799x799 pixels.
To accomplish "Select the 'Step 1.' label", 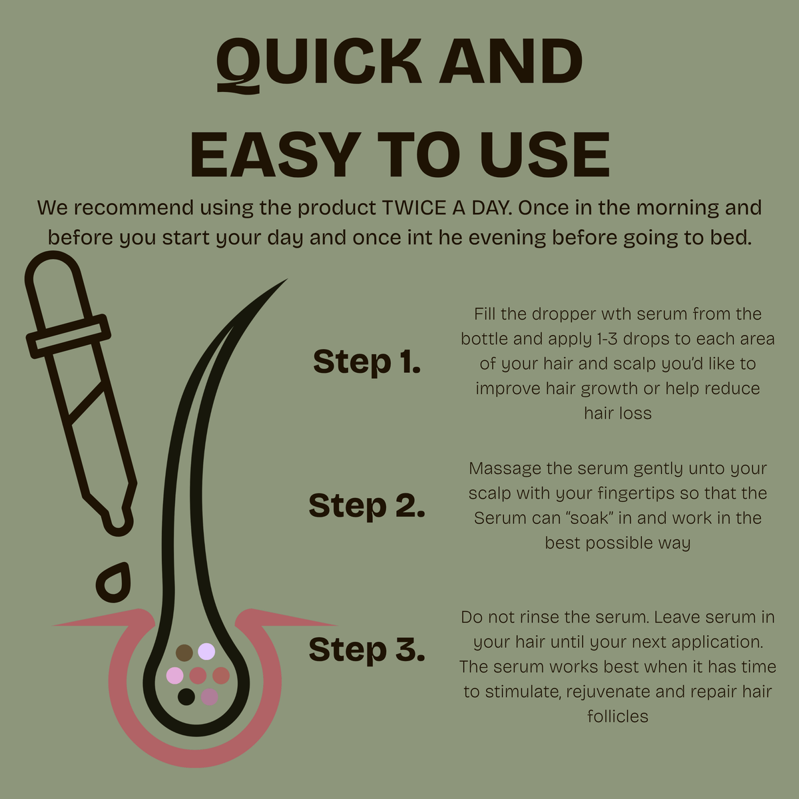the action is pyautogui.click(x=367, y=362).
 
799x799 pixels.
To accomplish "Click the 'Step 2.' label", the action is pyautogui.click(x=367, y=505).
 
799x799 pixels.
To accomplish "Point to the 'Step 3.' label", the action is pyautogui.click(x=367, y=649).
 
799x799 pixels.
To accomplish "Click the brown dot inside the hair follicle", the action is pyautogui.click(x=184, y=653).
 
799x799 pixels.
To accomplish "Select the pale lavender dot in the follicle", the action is pyautogui.click(x=206, y=651).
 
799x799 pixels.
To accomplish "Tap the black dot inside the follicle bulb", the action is pyautogui.click(x=186, y=696).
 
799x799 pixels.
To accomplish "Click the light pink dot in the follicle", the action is pyautogui.click(x=174, y=675).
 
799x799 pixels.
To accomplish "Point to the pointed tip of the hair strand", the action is pyautogui.click(x=286, y=280).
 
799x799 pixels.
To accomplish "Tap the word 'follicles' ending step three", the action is pyautogui.click(x=618, y=716).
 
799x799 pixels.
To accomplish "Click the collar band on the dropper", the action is pyautogui.click(x=69, y=336).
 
